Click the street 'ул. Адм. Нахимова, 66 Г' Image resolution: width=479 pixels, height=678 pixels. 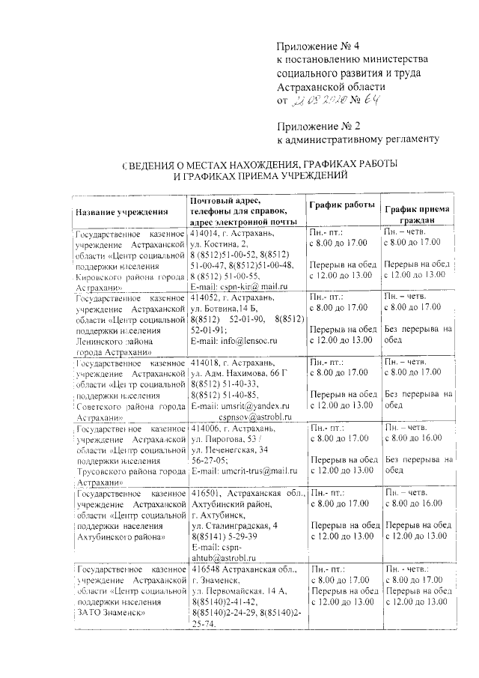[x=239, y=372]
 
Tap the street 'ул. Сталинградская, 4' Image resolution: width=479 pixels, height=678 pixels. [x=239, y=526]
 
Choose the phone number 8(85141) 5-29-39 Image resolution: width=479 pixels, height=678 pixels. [x=228, y=536]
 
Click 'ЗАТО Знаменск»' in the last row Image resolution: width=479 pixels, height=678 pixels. [x=109, y=613]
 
